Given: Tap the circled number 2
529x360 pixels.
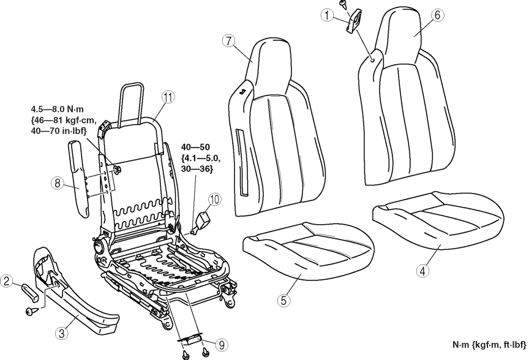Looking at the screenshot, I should click(x=7, y=281).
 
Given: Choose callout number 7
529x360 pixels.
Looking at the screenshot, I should click(x=228, y=42).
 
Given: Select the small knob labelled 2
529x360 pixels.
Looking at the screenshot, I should click(x=32, y=289).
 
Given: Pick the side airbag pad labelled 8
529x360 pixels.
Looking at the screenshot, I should click(x=80, y=178).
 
